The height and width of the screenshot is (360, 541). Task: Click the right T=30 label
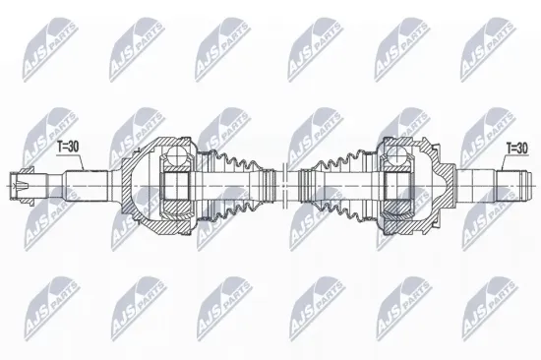coord(515,149)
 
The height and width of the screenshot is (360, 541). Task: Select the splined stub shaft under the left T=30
coord(88,183)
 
